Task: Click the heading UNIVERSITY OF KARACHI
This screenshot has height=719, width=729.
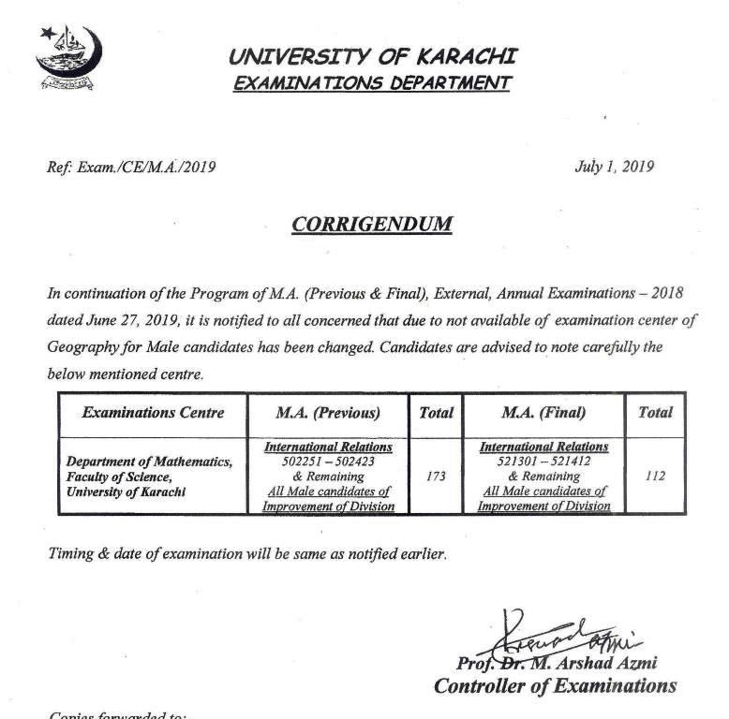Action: (372, 56)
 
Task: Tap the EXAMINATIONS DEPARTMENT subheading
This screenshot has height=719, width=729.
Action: (372, 83)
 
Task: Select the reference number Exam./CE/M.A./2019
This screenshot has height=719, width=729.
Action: (131, 168)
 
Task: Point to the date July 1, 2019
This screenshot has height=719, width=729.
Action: (614, 168)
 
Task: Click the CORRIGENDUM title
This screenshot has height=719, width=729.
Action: (372, 225)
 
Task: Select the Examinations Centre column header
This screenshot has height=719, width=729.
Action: (153, 412)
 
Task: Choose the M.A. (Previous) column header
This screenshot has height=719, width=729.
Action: (328, 412)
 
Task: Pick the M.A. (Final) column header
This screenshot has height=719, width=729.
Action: (543, 412)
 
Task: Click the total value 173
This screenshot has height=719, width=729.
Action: (435, 476)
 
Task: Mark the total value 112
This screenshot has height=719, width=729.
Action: (655, 476)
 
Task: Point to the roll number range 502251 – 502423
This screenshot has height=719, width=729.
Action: (327, 462)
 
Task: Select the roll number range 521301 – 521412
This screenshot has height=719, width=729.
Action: (543, 462)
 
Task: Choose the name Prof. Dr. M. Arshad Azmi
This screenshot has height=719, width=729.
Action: (557, 663)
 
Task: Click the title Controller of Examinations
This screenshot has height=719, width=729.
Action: (555, 686)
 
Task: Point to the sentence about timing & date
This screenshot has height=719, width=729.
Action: (247, 553)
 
